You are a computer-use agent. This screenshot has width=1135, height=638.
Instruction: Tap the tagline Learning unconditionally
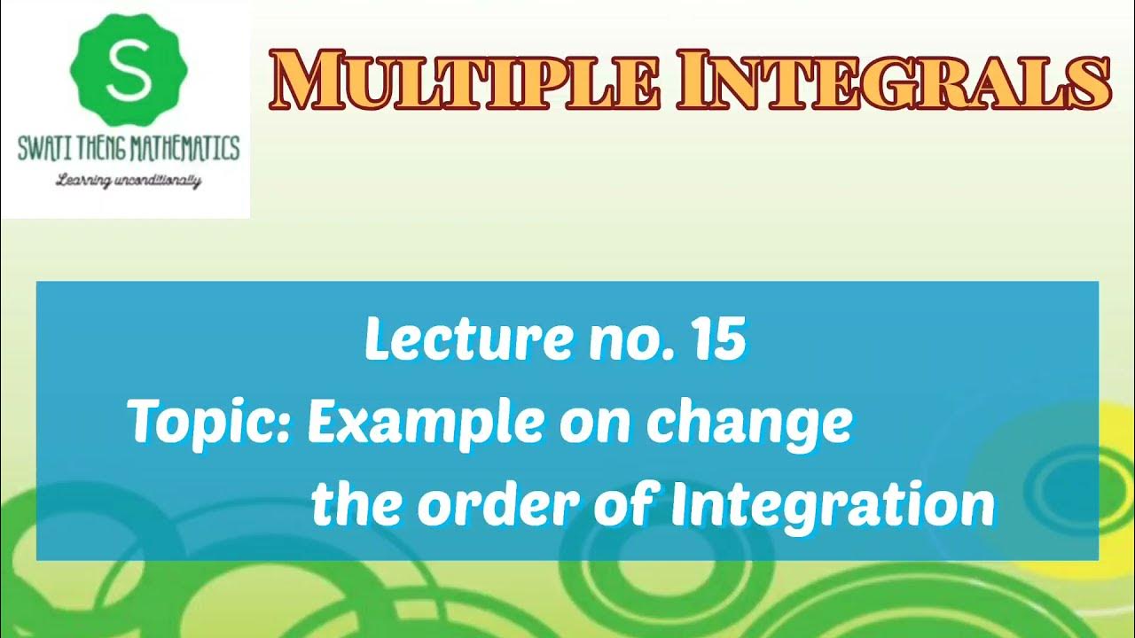click(x=129, y=182)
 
